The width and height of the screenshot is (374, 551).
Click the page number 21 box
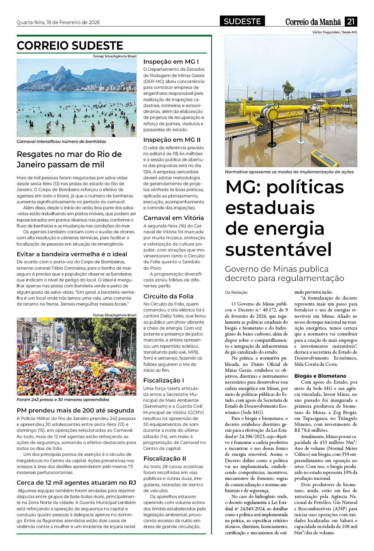tap(351, 21)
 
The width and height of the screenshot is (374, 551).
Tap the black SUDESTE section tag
tap(242, 21)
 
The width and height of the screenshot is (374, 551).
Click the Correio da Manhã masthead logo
tap(313, 22)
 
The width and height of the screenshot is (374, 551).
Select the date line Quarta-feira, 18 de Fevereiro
tap(58, 22)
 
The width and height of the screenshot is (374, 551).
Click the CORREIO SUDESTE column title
tap(70, 46)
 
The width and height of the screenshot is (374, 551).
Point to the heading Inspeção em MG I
tap(171, 61)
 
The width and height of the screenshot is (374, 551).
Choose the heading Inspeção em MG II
tap(172, 140)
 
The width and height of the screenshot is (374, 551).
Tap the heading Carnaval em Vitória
tap(174, 218)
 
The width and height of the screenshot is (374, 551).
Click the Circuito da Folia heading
tap(168, 296)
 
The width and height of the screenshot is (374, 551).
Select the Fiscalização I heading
tap(164, 380)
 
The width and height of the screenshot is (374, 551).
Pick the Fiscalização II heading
tap(165, 458)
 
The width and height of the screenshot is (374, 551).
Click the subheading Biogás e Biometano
tap(320, 376)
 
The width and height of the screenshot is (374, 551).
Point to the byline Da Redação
tap(236, 293)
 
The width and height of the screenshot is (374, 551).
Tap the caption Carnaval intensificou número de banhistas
tap(61, 141)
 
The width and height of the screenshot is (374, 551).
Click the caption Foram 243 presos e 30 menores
tap(63, 400)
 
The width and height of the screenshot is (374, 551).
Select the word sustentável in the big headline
tap(278, 249)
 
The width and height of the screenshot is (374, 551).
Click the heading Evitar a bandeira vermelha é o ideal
tap(72, 254)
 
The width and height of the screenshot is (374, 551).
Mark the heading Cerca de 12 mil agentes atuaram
tap(76, 482)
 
